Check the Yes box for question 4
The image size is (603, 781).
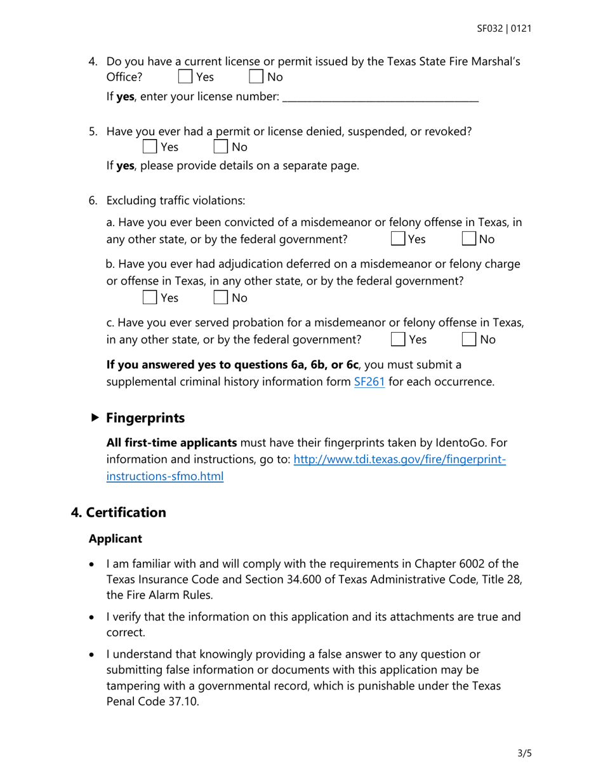click(x=185, y=77)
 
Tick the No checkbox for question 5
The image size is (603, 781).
click(x=220, y=147)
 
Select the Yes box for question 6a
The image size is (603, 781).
click(x=397, y=239)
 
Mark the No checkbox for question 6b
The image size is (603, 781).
click(x=220, y=297)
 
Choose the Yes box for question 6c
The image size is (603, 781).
click(x=397, y=339)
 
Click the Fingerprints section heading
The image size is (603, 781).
click(x=145, y=418)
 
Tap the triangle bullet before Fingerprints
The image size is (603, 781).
click(x=95, y=418)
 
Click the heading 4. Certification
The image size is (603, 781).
click(x=119, y=512)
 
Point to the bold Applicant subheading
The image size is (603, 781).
click(x=115, y=538)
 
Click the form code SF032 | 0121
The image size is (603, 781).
click(x=504, y=29)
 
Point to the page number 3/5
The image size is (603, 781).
click(x=524, y=754)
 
